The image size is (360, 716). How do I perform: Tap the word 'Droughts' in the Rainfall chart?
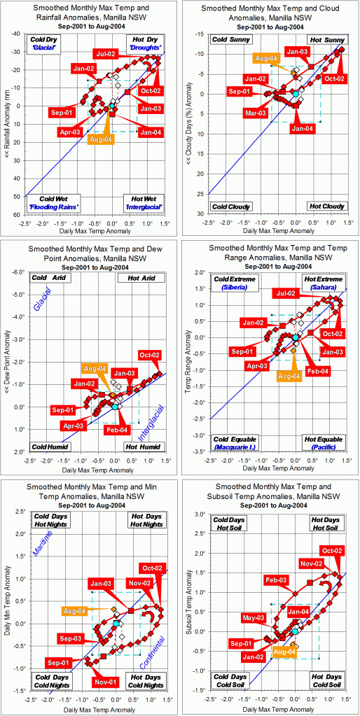146,47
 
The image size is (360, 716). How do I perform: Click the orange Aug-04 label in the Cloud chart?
267,58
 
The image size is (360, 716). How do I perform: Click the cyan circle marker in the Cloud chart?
296,94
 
